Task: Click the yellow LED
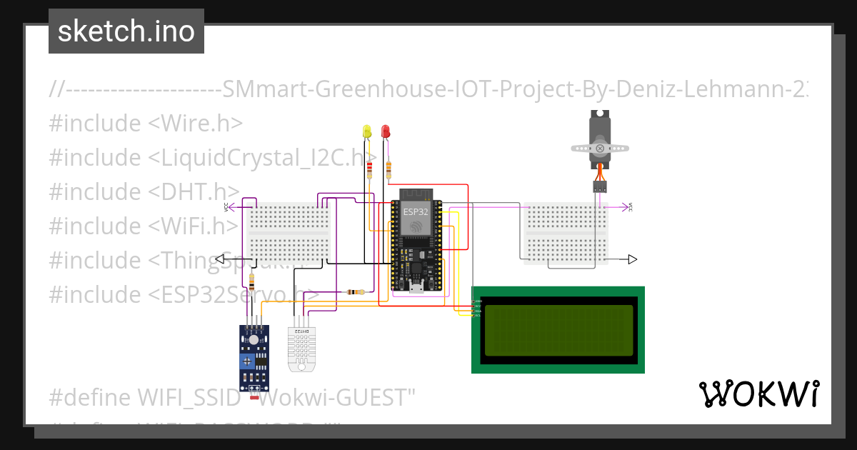point(367,131)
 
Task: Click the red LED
point(386,131)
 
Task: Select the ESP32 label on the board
point(416,212)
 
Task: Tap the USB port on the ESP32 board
point(416,289)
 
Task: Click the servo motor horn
point(601,149)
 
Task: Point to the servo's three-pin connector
point(600,186)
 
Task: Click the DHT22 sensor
point(301,346)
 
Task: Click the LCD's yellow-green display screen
point(558,330)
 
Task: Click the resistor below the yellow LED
point(369,170)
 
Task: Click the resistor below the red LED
point(389,170)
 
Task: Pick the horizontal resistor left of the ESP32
point(354,291)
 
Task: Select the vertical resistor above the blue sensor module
point(251,281)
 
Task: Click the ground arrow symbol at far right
point(633,259)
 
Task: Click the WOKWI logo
point(758,394)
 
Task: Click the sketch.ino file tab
point(126,31)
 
